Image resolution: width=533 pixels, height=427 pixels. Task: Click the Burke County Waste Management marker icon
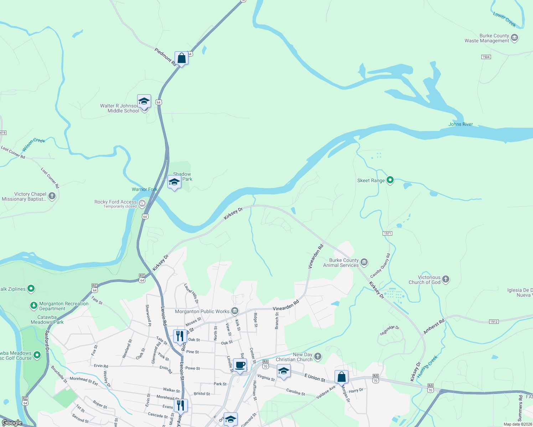point(514,38)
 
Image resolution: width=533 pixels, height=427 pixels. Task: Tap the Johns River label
point(460,124)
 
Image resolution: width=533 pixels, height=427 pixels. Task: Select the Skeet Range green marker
point(390,180)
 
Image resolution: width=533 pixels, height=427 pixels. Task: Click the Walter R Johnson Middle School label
point(119,108)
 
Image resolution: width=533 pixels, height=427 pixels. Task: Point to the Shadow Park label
point(183,176)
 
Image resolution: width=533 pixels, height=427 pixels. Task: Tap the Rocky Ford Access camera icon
point(142,204)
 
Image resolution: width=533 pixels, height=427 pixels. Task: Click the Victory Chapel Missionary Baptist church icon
point(52,196)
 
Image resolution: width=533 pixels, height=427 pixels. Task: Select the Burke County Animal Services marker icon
point(364,263)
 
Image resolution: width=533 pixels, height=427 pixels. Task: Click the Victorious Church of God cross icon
point(446,279)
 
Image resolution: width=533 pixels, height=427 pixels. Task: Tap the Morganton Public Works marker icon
point(234,311)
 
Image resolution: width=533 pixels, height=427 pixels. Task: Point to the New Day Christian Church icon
point(318,357)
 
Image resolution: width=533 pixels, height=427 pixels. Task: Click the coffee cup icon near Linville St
point(240,365)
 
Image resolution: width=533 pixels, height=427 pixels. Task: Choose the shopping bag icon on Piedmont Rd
point(181,58)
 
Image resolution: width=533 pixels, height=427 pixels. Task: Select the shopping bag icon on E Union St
point(341,377)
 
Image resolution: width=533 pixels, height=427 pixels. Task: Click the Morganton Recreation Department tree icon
point(34,305)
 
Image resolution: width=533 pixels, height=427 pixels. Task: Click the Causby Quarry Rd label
point(380,265)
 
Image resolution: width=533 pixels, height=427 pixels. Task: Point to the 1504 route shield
point(486,57)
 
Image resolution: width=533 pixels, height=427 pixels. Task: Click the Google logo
point(12,422)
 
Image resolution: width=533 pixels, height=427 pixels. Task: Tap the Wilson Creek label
point(34,144)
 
